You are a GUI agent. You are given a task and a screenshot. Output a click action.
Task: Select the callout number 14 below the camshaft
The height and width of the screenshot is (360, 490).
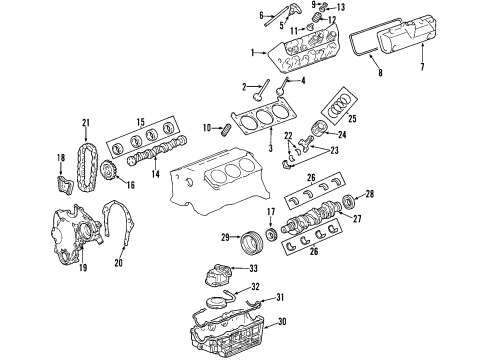155,174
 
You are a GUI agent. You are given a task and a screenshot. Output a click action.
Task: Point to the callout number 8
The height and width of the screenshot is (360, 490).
379,73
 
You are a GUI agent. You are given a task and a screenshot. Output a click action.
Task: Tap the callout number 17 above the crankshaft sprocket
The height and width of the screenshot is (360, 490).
271,212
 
